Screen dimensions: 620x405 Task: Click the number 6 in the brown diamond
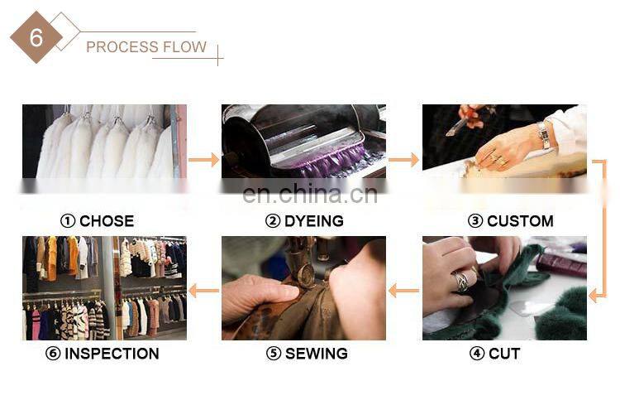(36, 37)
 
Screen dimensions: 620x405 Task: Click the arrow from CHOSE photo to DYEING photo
(203, 160)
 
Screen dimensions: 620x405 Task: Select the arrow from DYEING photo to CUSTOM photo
(403, 160)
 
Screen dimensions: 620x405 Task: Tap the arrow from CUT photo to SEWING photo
(403, 291)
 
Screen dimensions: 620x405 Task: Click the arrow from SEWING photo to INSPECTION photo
(203, 291)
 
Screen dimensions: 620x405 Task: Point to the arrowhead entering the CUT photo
(594, 296)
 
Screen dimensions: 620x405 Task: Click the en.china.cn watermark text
(310, 194)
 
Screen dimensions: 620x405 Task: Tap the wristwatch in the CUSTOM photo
(544, 134)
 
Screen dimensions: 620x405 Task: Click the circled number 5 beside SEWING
(274, 353)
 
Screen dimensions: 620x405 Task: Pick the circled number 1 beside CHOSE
(68, 221)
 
